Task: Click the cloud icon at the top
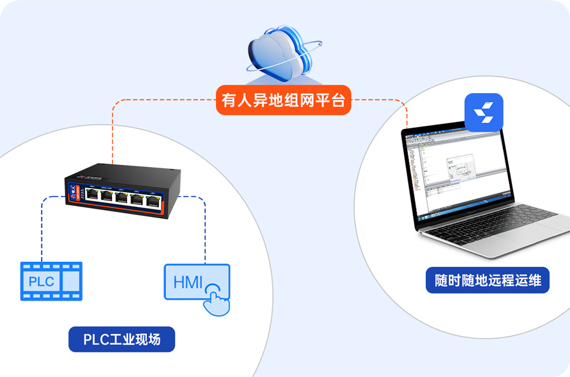click(x=279, y=53)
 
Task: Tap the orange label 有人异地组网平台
click(x=283, y=101)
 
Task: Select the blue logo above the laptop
click(x=484, y=112)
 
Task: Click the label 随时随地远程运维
click(x=488, y=280)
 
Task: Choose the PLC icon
click(x=51, y=280)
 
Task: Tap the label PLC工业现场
click(x=122, y=340)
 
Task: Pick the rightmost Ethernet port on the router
click(x=153, y=201)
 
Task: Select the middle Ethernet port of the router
click(x=122, y=198)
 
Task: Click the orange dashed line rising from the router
click(x=113, y=133)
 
